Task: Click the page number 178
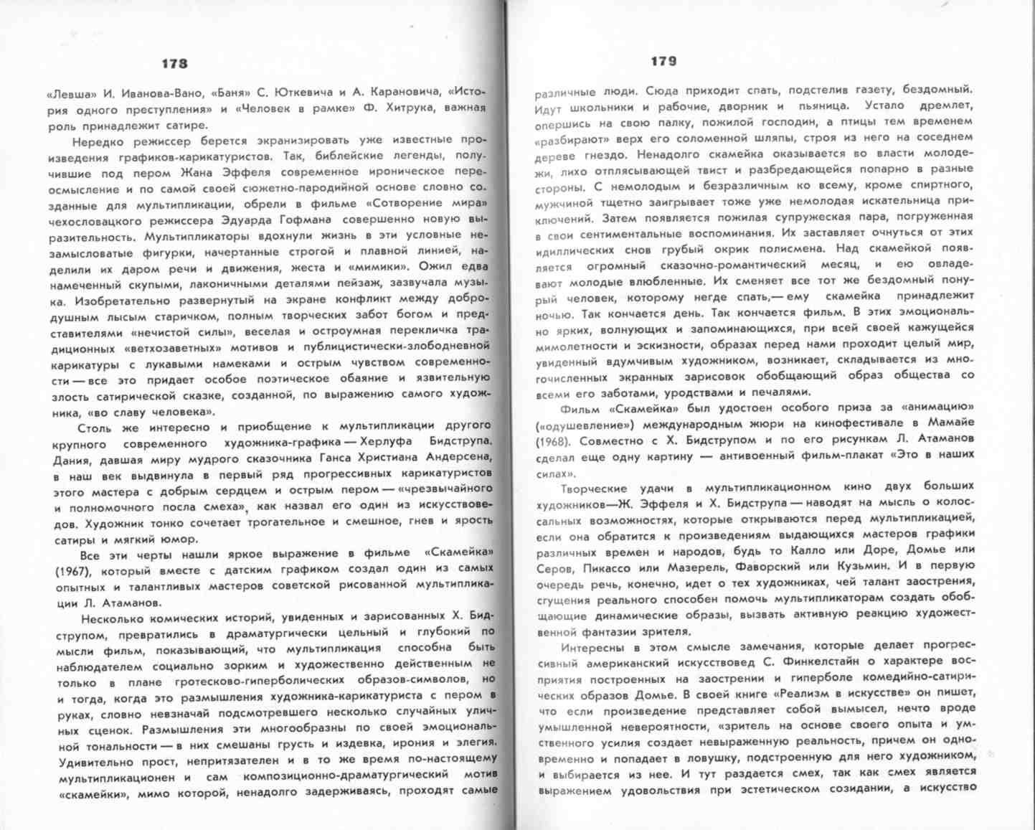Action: click(174, 63)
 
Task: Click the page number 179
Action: click(663, 62)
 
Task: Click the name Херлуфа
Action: click(393, 441)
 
